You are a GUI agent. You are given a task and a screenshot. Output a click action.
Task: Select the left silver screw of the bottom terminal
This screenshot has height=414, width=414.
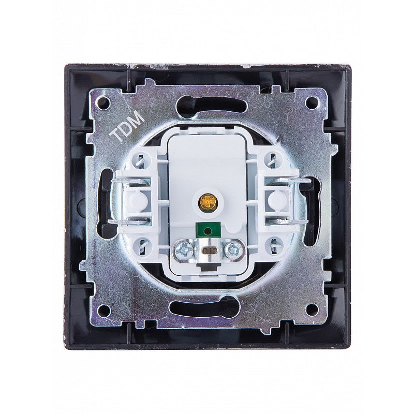[182, 249]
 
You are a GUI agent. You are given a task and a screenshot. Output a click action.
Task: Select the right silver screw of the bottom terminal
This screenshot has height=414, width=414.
[232, 249]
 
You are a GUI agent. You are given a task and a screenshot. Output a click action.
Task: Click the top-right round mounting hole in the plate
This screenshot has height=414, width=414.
[311, 101]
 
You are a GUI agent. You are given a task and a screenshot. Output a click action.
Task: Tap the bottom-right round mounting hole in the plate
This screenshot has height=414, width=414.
[311, 308]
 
